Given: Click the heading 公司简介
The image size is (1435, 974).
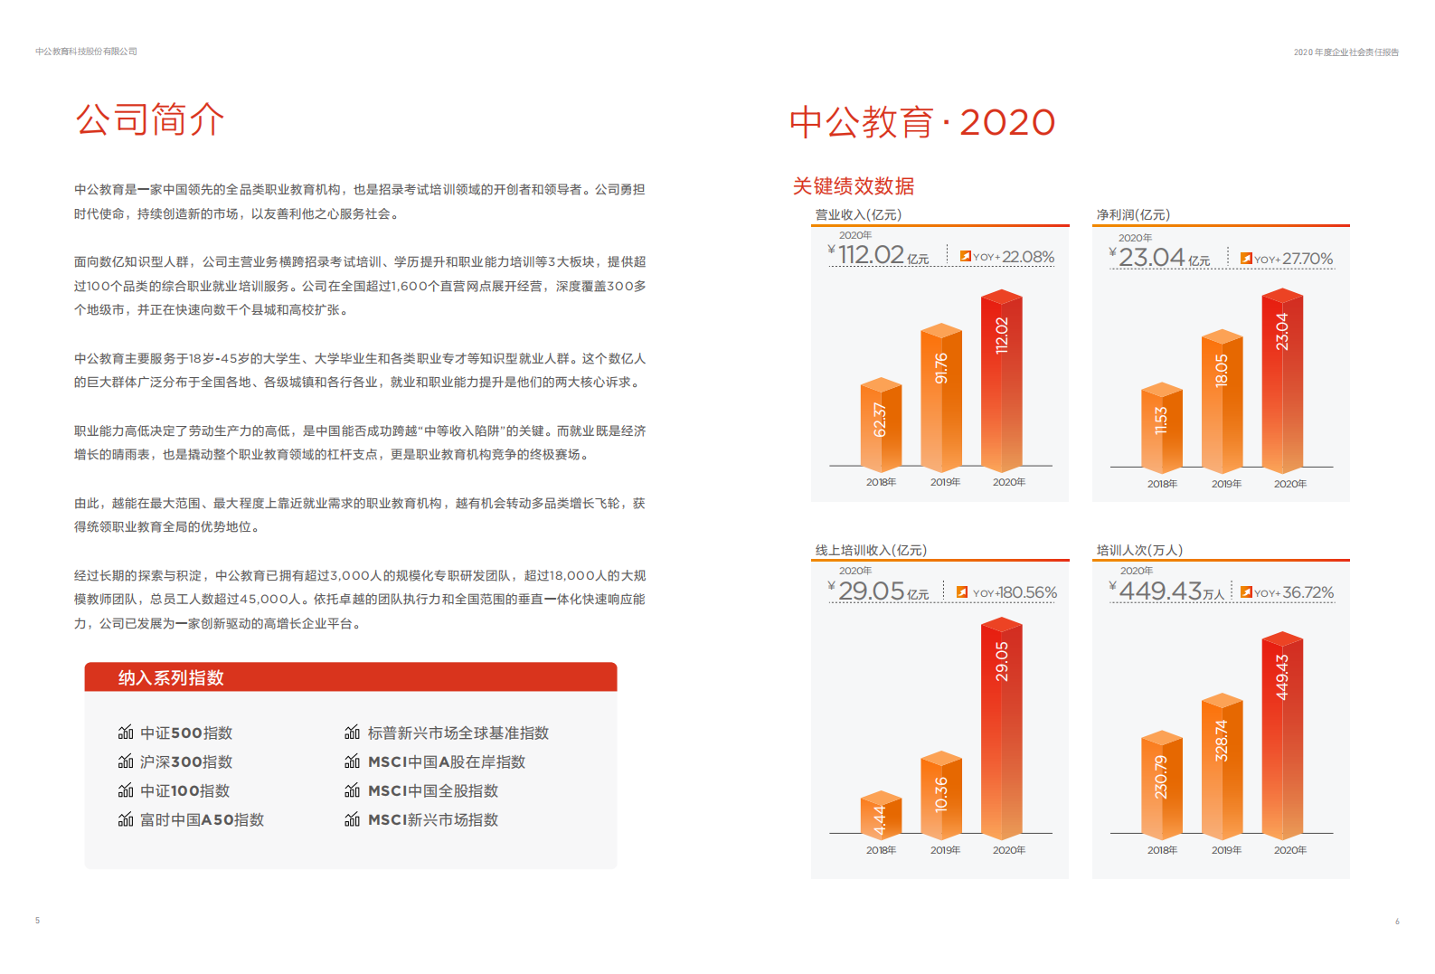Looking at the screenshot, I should (150, 119).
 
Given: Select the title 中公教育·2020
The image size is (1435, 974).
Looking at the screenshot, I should (921, 123).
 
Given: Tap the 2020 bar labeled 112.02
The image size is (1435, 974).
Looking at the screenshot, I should (1001, 380).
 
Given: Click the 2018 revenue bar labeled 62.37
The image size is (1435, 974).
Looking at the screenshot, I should (881, 423).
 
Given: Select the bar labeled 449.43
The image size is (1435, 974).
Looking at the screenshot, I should (1282, 733).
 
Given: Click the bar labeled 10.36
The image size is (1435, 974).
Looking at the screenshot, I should (941, 794).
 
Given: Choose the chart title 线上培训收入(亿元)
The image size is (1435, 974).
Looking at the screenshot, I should (871, 550).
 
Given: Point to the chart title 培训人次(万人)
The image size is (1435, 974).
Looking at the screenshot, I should (1139, 550).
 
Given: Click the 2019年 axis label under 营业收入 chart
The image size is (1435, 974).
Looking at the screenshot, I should (945, 482).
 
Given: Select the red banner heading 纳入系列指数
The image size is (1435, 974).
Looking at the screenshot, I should (171, 677).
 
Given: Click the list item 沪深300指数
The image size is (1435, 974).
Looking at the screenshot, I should (185, 761).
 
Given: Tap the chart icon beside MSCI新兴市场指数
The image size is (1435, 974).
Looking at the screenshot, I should (353, 819).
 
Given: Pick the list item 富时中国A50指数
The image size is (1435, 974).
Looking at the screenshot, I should (202, 819).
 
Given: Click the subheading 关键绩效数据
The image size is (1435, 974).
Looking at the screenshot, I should (854, 186).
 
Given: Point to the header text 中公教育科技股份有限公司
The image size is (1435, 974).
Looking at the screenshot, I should (87, 52).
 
